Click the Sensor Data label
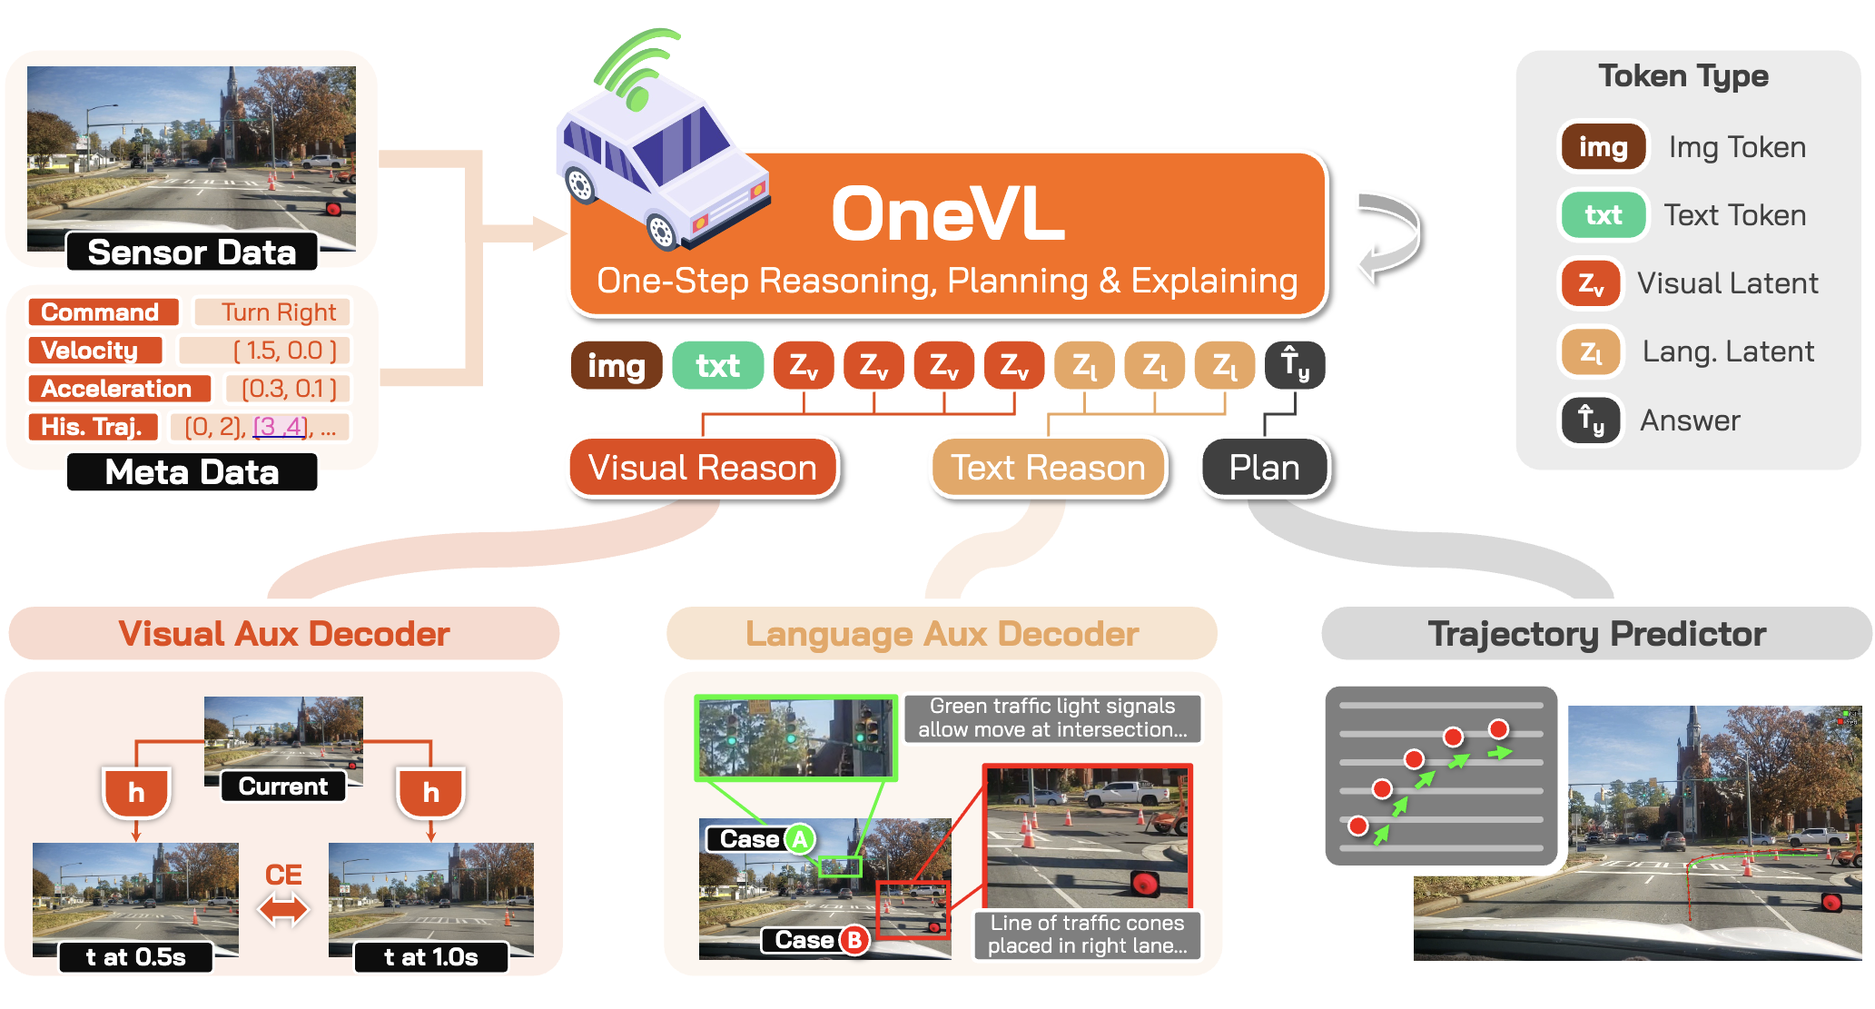tap(192, 252)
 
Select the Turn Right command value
tap(278, 312)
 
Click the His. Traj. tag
tap(92, 427)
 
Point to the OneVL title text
tap(947, 215)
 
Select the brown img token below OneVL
tap(616, 366)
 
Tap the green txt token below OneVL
tap(717, 366)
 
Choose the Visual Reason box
tap(703, 468)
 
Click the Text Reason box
tap(1048, 468)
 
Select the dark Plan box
tap(1264, 468)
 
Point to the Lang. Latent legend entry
tap(1727, 351)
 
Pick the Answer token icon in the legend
tap(1590, 420)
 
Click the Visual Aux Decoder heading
tap(284, 634)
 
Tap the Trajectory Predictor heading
tap(1596, 634)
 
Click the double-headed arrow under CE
tap(283, 908)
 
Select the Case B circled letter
tap(854, 940)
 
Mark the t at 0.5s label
tap(135, 957)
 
